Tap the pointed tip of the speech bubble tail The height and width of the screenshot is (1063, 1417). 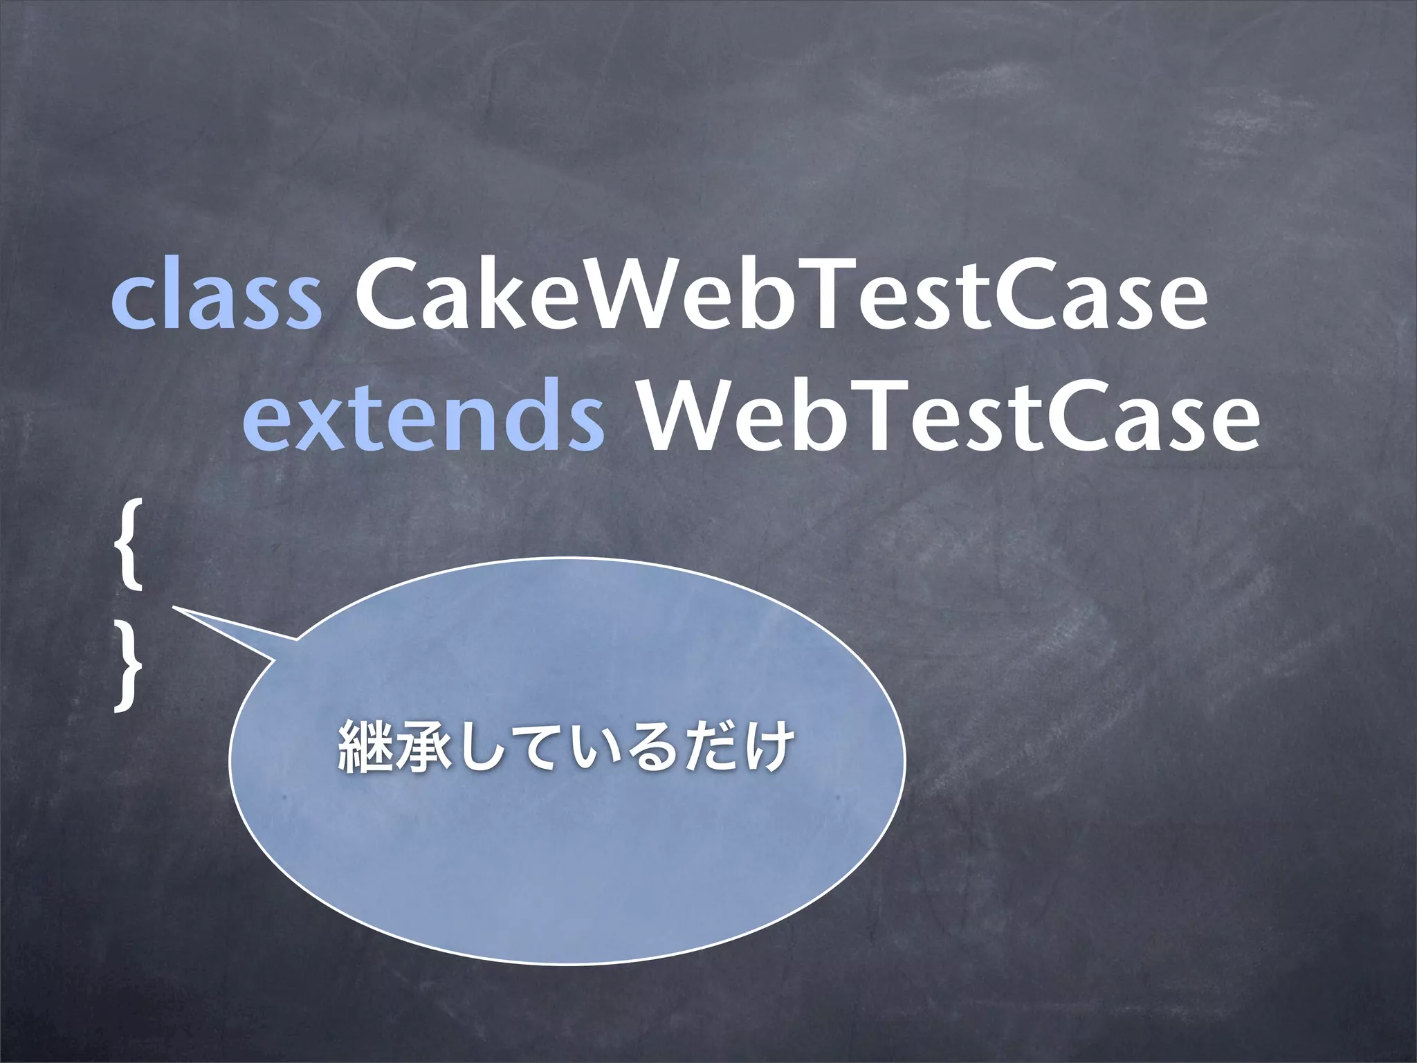174,608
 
